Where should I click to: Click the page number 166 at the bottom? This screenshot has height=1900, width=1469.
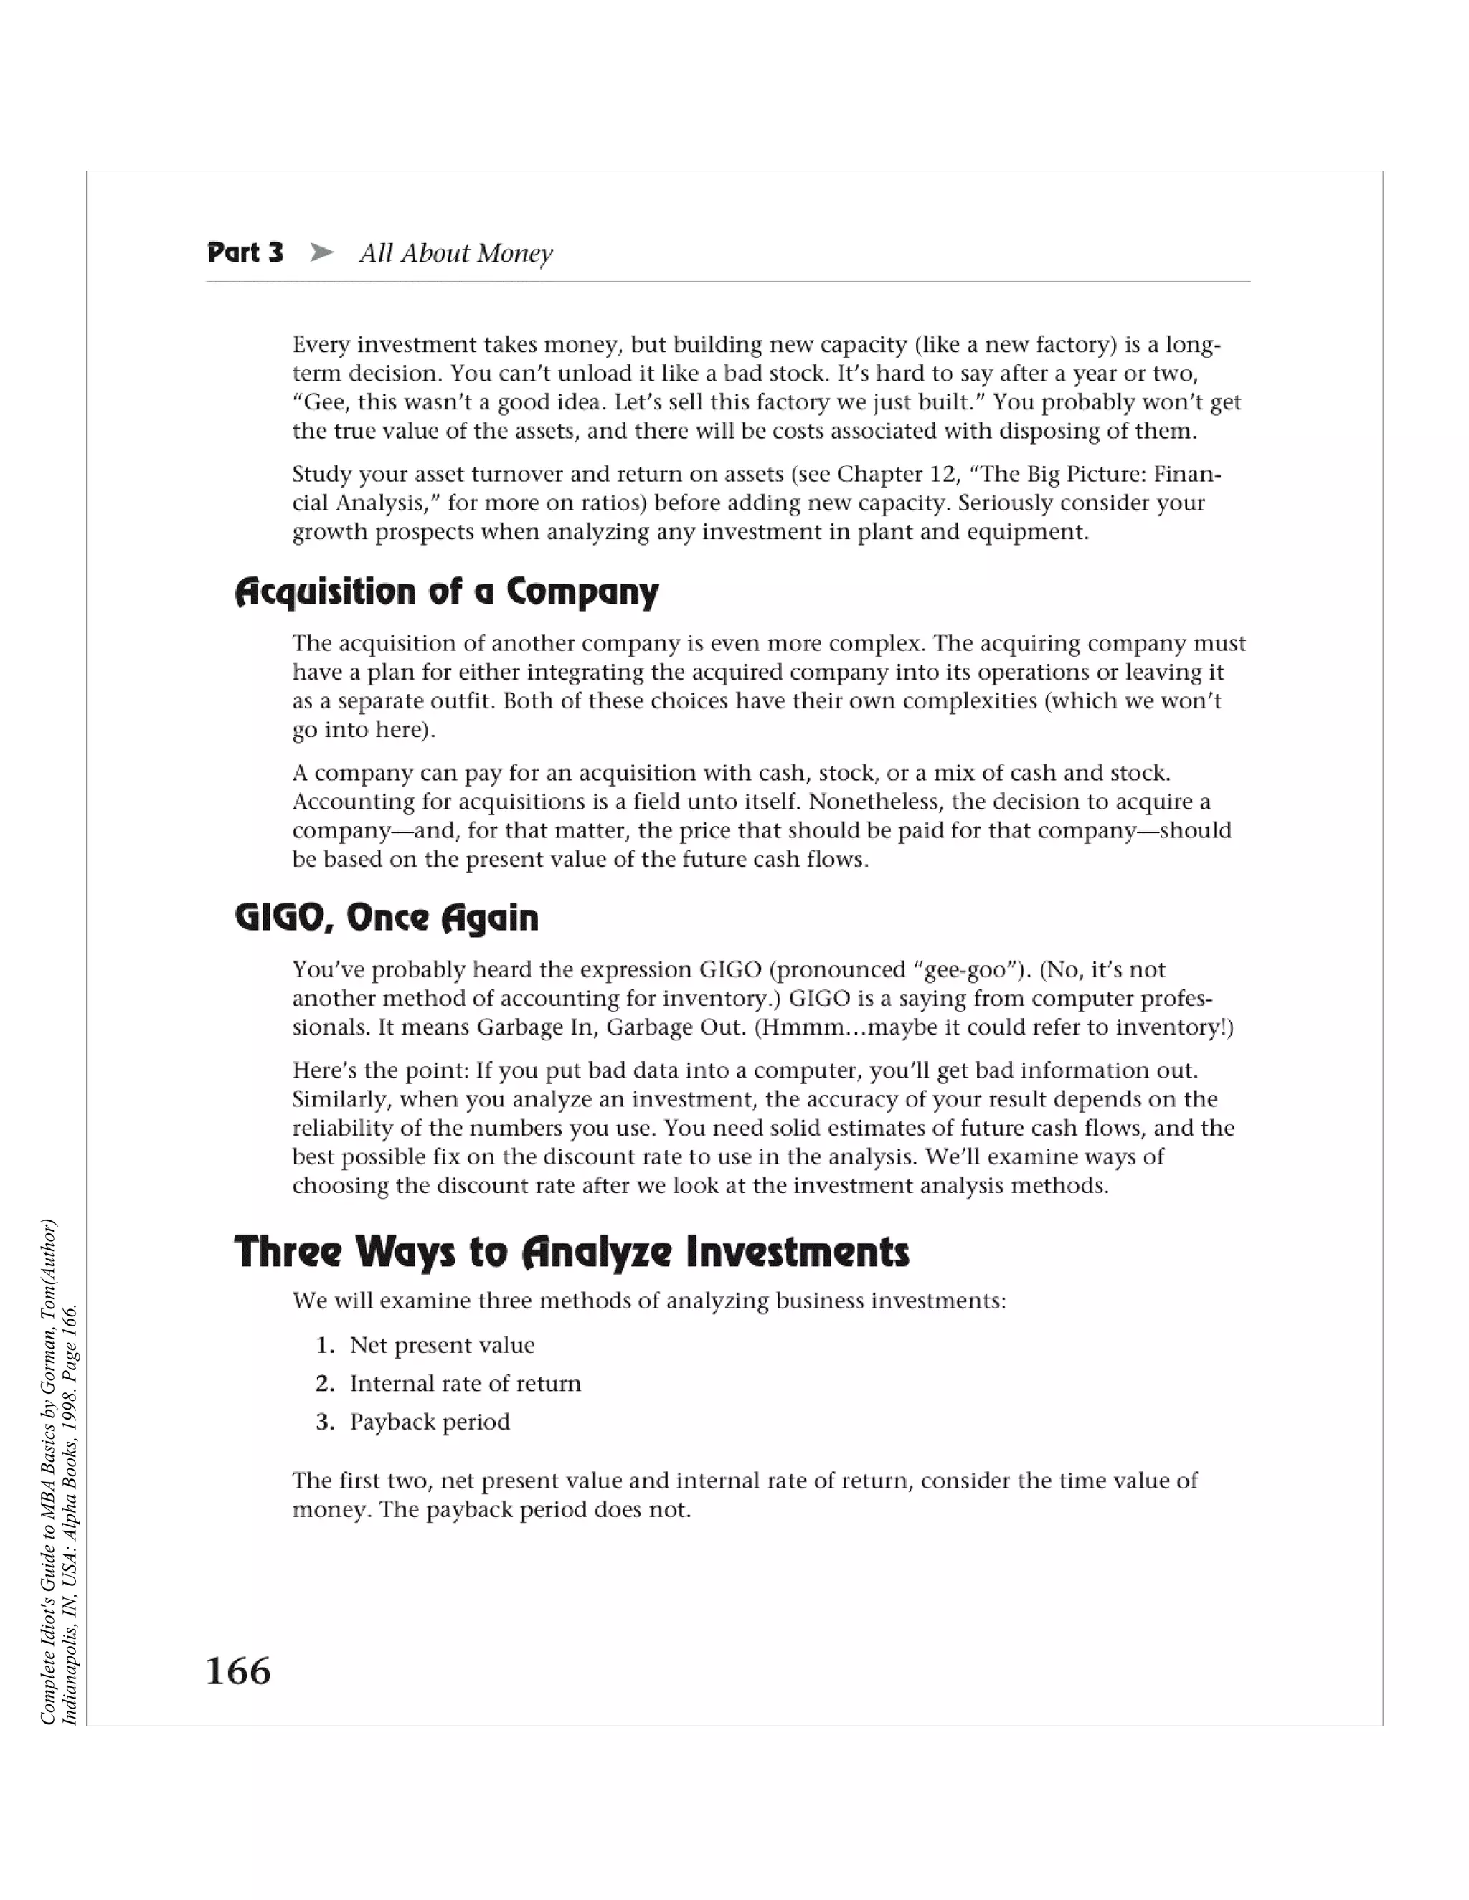(237, 1671)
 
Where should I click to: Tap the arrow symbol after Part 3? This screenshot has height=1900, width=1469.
(321, 252)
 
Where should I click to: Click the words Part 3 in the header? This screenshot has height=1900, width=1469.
(245, 252)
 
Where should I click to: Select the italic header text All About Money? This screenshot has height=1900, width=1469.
(455, 253)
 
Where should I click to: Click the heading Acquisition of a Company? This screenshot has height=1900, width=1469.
(446, 592)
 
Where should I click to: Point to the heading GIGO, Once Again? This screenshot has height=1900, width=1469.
(387, 917)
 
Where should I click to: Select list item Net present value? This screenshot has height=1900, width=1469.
(441, 1344)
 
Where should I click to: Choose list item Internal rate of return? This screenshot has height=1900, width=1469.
(465, 1382)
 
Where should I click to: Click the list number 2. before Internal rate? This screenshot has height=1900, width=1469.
(325, 1382)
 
